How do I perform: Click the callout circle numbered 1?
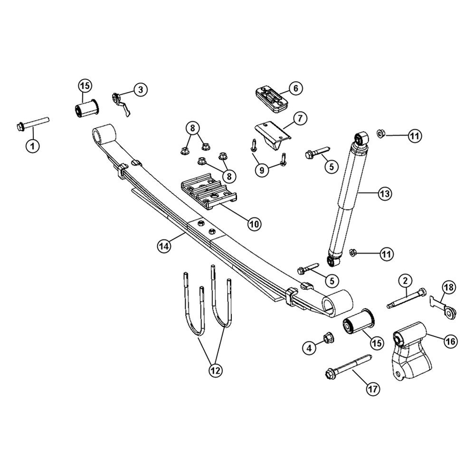click(x=32, y=145)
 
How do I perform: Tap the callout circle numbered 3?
click(x=140, y=89)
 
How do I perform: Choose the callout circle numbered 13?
click(x=385, y=193)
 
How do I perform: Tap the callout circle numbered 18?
click(x=449, y=287)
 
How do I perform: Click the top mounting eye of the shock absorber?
click(x=361, y=138)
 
